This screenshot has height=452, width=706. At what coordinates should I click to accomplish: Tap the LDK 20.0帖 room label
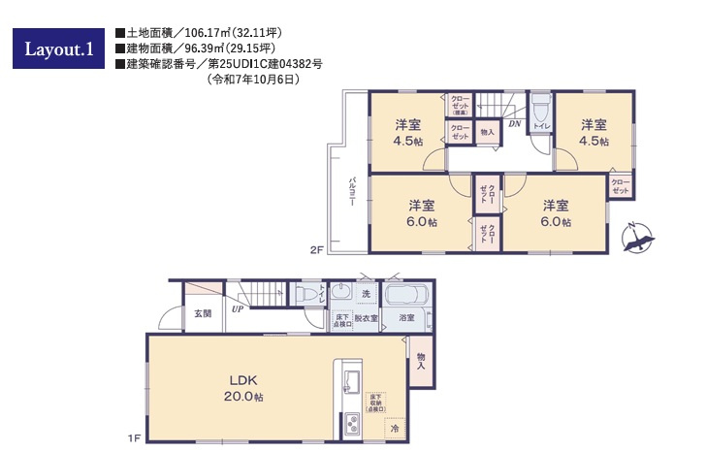click(243, 388)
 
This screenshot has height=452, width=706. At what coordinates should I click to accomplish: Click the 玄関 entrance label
click(202, 313)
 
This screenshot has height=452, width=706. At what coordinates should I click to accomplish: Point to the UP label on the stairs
click(237, 310)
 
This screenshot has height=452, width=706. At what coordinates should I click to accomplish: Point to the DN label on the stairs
click(514, 124)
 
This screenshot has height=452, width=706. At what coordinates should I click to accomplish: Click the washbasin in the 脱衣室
click(341, 293)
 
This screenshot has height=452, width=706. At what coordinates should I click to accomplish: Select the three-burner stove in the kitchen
click(349, 425)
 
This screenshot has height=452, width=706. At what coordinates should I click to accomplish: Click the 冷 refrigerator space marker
click(394, 427)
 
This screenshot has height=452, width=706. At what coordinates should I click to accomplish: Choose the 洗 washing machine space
click(366, 293)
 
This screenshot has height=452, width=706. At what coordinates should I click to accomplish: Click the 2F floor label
click(316, 250)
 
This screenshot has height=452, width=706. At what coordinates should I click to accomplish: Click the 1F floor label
click(134, 438)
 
